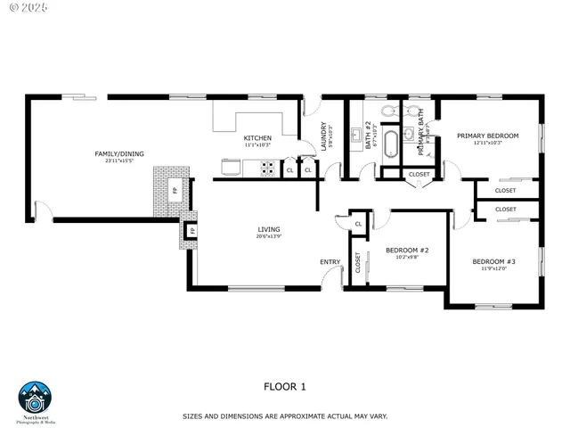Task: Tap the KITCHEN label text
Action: coord(257,137)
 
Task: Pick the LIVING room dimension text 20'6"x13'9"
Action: coord(269,236)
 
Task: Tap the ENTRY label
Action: coord(330,261)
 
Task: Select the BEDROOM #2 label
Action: coord(407,250)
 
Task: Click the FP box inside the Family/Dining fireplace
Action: coord(175,190)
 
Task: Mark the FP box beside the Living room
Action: coord(192,231)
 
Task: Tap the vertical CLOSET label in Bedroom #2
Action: coord(358,262)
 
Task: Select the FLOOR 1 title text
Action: coord(285,386)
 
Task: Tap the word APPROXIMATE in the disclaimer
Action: coord(295,416)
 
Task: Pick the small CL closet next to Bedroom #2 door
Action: coord(357,224)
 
